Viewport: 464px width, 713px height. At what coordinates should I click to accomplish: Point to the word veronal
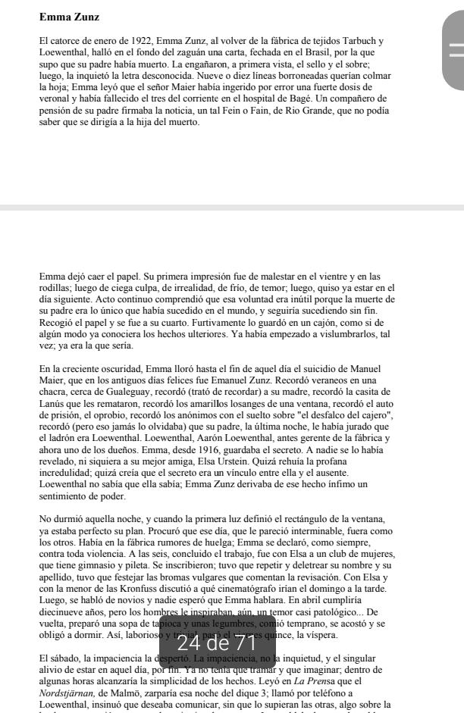point(58,99)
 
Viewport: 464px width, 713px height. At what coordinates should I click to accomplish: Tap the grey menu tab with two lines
point(455,50)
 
